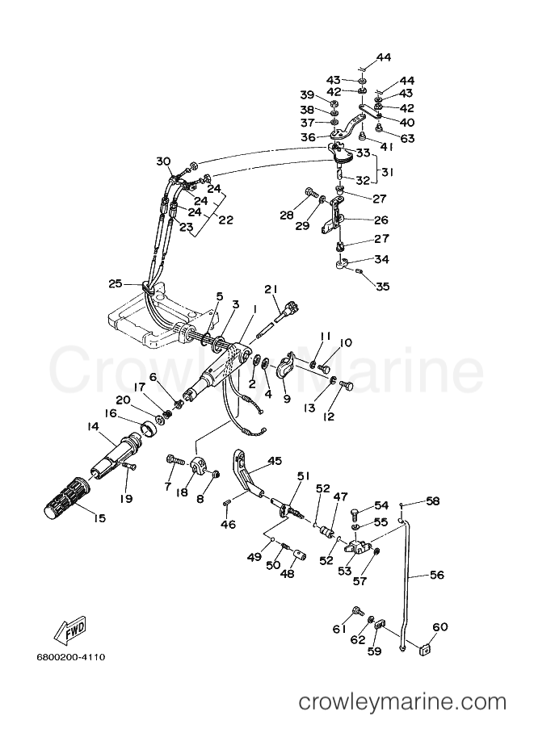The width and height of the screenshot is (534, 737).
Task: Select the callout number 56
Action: [436, 575]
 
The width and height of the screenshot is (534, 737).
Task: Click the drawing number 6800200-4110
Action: [70, 657]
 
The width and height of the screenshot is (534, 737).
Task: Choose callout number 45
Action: [275, 461]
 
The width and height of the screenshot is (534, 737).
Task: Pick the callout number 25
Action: [116, 283]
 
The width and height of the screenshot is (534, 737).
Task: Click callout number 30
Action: [163, 161]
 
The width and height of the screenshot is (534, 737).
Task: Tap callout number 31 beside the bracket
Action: [388, 173]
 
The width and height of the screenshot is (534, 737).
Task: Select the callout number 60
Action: [440, 627]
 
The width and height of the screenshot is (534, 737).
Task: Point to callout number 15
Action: [99, 518]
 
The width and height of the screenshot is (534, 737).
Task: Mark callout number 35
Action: [383, 287]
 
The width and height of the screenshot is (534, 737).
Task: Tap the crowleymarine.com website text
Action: [403, 702]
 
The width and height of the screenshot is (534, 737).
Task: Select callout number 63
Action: [407, 138]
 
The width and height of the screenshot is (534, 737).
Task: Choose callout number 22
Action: [226, 220]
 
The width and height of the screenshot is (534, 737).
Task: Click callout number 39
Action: [307, 94]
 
